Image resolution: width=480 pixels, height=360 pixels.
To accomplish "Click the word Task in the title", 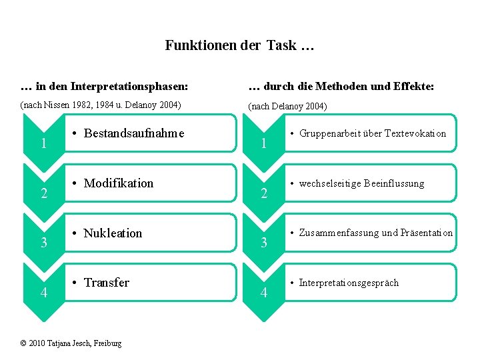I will pos(280,46).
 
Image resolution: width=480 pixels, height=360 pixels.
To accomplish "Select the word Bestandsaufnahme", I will pos(134,133).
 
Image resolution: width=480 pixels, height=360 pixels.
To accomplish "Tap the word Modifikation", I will pos(119,183).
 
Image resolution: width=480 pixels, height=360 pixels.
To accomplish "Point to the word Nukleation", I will pos(113,233).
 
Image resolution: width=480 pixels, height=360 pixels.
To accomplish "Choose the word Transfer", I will pos(107,283).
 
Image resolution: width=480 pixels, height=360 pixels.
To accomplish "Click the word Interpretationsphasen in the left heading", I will pos(125,87).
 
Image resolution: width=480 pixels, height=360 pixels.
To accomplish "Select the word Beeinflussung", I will pos(394,183).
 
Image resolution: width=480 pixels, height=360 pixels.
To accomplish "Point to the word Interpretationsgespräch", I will pos(349,283).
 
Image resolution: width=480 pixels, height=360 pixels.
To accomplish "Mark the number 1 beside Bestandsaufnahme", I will pos(43,143).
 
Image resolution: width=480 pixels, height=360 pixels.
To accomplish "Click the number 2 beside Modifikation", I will pos(43,194).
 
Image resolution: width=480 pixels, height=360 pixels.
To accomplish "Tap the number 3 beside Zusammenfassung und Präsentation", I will pos(264,243).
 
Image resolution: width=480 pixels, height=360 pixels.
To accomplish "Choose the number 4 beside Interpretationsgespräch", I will pos(264,293).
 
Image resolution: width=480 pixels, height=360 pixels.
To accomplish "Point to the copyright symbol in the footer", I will pos(23,343).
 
